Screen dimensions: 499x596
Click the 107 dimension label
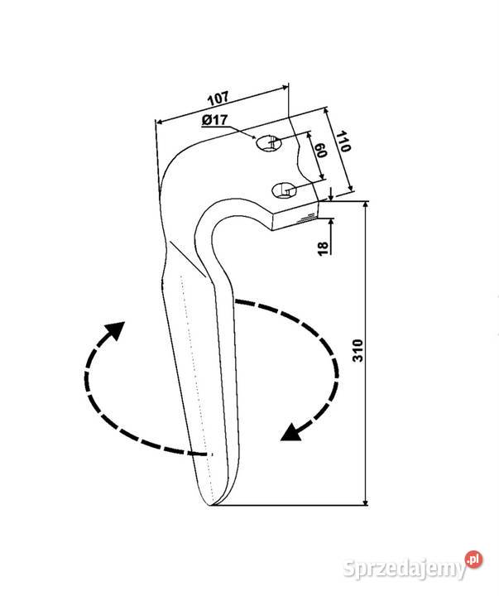tap(218, 99)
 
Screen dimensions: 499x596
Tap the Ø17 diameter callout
tap(214, 121)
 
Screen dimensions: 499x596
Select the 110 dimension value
tap(343, 142)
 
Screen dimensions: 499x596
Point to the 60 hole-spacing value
tap(321, 150)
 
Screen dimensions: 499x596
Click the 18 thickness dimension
tap(323, 249)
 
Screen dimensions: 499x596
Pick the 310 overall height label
tap(358, 350)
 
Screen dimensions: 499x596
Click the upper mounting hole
tap(268, 143)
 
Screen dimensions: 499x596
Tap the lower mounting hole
tap(285, 190)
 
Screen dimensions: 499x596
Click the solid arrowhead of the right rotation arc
tap(291, 432)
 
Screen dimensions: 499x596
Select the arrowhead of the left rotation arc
tap(115, 330)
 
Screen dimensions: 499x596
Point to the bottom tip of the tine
tap(210, 505)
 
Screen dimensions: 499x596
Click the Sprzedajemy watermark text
tap(405, 569)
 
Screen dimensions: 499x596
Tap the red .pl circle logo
tap(473, 560)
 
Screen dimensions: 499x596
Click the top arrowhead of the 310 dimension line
tap(366, 205)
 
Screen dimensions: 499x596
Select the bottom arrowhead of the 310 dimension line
tap(366, 501)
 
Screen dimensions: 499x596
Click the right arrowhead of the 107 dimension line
tap(284, 89)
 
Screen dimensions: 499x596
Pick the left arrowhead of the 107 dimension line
tap(161, 122)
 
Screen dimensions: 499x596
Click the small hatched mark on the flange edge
tap(306, 219)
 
